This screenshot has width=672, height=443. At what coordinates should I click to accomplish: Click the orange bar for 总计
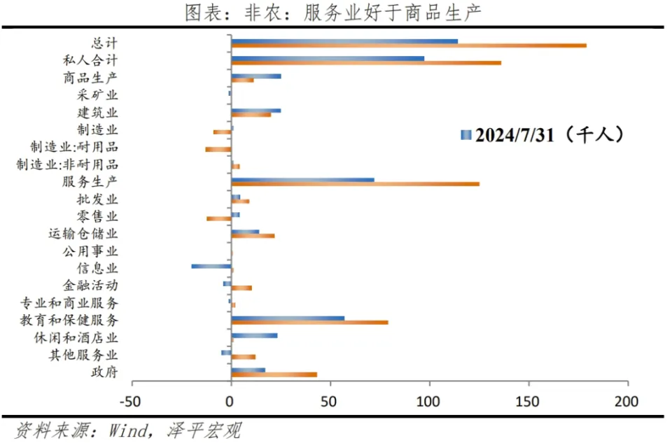(409, 45)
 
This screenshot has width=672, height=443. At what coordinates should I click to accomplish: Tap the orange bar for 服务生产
(355, 184)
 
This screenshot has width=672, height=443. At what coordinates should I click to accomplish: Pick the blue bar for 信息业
(211, 266)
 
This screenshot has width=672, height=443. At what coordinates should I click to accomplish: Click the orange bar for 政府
(274, 374)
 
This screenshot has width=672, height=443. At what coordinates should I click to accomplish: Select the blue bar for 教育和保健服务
(288, 318)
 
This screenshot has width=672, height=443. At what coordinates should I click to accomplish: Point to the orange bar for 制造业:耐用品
(218, 149)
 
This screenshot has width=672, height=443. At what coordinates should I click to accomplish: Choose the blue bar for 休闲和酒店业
(254, 335)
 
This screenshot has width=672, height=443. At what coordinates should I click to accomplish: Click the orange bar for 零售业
(219, 218)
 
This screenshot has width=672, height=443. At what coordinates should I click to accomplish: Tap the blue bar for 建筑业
(255, 111)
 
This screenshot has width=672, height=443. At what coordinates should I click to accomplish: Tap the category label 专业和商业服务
(69, 303)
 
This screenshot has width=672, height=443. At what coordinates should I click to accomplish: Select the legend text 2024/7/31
(514, 135)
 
